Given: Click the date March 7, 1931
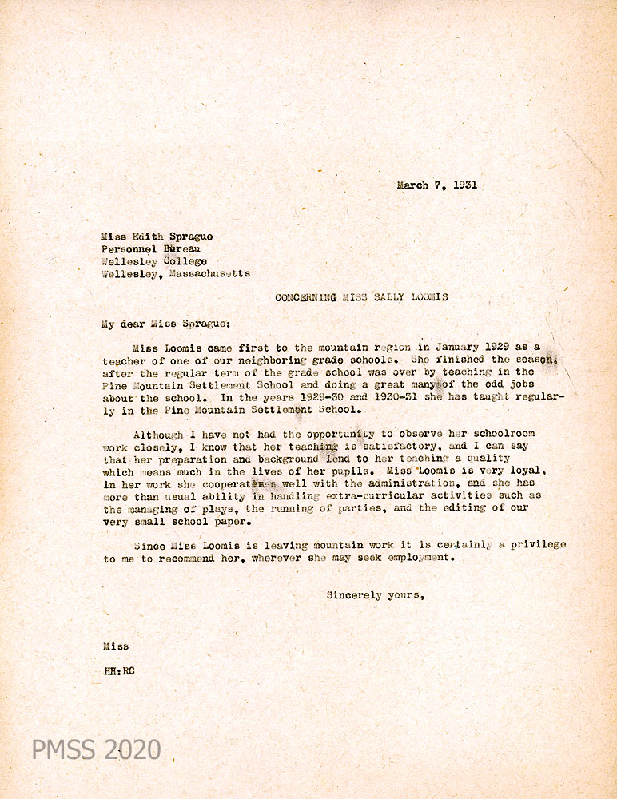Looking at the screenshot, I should point(436,185).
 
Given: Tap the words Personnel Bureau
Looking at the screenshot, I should point(150,248).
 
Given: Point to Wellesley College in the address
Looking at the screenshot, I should point(154,260).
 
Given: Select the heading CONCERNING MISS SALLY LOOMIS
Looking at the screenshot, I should point(361,297).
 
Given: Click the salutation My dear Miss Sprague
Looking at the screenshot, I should point(165,324).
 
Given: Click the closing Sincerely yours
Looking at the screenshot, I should point(374,595).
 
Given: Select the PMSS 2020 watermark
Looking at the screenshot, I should point(96,749).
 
